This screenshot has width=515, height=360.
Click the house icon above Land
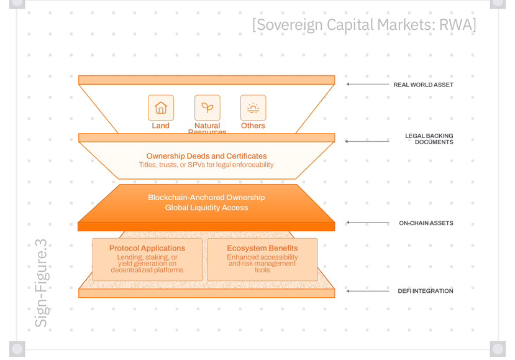(160, 108)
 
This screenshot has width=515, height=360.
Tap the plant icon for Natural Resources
(207, 108)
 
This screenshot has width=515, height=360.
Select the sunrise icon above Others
(253, 108)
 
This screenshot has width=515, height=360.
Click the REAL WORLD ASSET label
(423, 85)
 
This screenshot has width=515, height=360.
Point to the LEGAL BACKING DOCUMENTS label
(429, 139)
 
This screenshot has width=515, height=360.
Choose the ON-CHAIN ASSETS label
(426, 223)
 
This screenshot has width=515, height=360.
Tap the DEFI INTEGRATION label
(426, 291)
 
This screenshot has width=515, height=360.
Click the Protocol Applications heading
(147, 248)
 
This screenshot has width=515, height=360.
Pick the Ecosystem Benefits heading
(262, 248)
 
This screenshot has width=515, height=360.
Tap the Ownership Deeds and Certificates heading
(206, 156)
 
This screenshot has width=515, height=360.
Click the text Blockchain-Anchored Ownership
(206, 197)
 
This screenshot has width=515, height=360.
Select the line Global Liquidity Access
(206, 208)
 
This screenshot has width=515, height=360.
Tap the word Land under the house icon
(160, 126)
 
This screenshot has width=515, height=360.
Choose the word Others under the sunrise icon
(253, 126)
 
